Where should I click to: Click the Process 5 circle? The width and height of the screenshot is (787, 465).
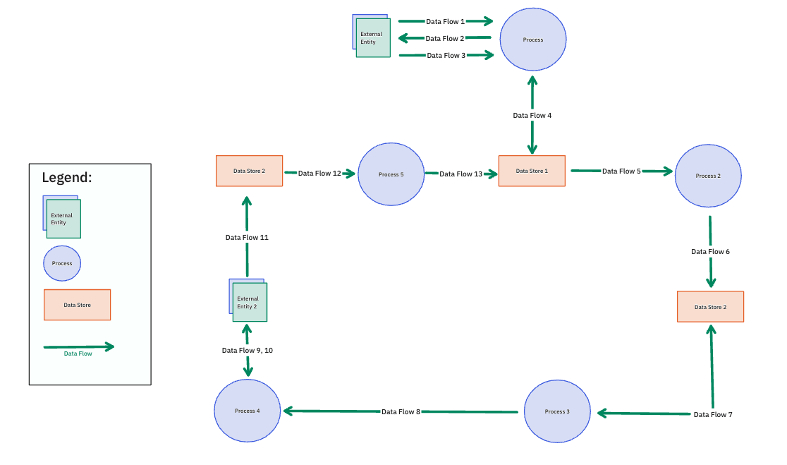(391, 174)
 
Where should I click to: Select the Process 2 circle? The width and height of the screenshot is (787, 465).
(707, 176)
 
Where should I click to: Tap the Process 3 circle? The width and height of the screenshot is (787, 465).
(557, 411)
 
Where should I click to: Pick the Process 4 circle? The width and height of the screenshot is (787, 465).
(248, 411)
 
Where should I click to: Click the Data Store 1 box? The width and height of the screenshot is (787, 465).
(532, 171)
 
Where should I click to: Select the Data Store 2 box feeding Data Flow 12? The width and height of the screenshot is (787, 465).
(249, 171)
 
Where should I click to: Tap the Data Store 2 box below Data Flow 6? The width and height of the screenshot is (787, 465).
(710, 307)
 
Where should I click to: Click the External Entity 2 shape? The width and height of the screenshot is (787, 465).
(248, 301)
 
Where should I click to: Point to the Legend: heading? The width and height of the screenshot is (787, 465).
(67, 178)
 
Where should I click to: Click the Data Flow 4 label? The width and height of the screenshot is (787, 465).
(532, 115)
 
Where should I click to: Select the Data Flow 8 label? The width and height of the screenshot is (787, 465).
(401, 411)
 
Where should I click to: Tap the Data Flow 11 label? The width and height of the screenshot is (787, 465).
(247, 238)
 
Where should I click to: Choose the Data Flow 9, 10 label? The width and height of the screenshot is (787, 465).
(247, 350)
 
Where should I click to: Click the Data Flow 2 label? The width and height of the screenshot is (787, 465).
(445, 39)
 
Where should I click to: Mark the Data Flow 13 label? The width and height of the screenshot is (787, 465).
(460, 174)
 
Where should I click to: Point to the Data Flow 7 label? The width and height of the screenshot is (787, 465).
(713, 414)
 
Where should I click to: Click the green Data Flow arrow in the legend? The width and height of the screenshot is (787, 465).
(78, 346)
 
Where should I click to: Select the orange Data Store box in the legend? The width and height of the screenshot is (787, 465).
(77, 305)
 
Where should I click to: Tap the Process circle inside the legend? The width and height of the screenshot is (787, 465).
(62, 263)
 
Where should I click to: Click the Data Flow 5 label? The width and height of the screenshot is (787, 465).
(621, 171)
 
